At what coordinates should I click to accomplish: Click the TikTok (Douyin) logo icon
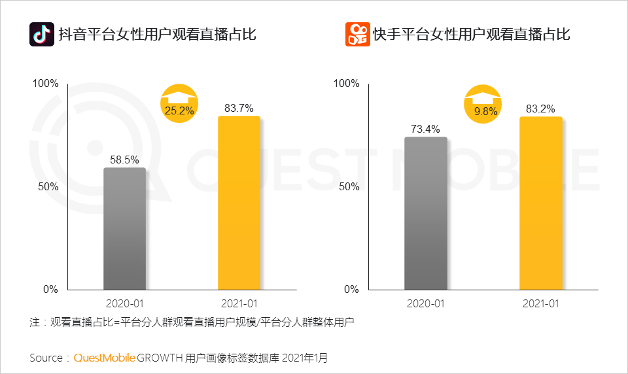(41, 35)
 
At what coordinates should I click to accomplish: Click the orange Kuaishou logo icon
(357, 35)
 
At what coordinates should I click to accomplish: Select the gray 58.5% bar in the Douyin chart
(124, 228)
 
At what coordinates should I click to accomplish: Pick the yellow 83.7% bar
(239, 203)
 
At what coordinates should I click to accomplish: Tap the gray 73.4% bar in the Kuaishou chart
(426, 213)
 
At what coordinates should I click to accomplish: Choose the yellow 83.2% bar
(541, 203)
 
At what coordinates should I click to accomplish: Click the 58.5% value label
(124, 158)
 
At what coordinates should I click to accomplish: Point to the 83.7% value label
(239, 108)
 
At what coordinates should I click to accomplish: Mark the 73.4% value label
(426, 128)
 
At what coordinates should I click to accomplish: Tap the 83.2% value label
(541, 108)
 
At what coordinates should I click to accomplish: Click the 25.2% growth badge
(179, 105)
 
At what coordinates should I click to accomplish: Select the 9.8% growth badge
(485, 105)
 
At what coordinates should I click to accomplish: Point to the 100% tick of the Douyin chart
(46, 84)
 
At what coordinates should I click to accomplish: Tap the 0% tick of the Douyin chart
(51, 289)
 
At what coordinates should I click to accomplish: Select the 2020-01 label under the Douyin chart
(124, 303)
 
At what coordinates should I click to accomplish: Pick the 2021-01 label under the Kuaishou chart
(541, 303)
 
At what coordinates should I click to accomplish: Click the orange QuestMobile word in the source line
(105, 358)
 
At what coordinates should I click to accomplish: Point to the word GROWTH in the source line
(160, 358)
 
